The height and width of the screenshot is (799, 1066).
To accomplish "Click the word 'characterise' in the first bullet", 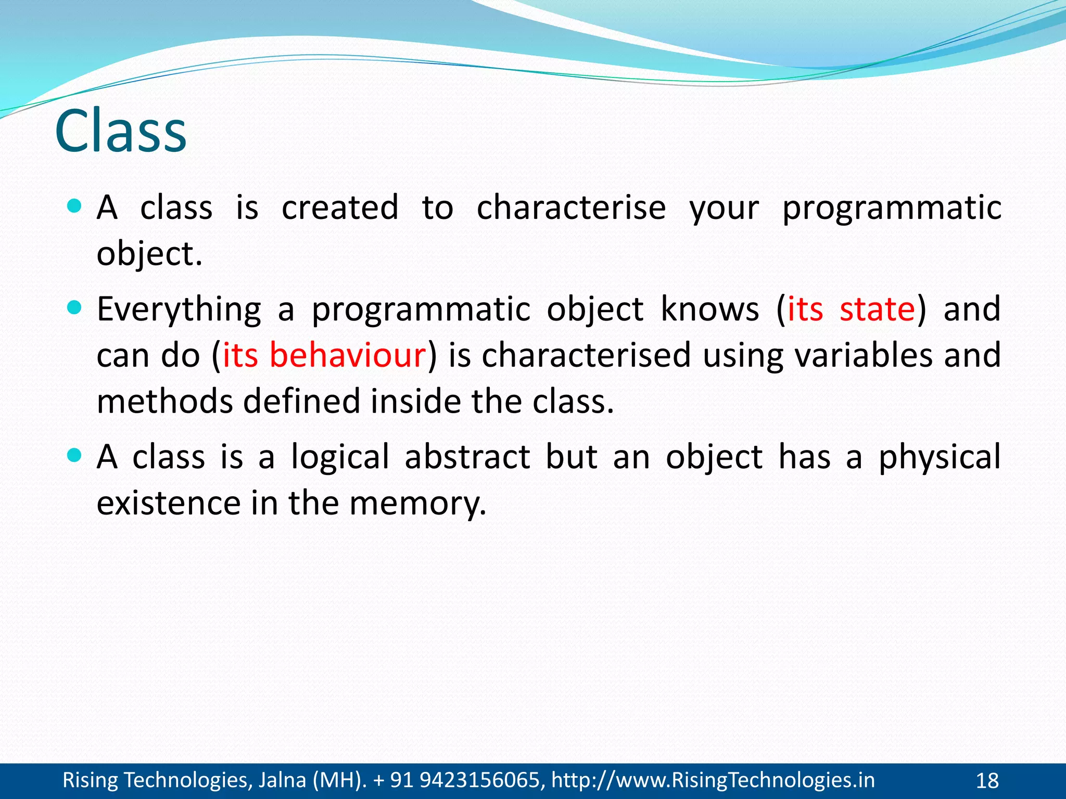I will [x=571, y=208].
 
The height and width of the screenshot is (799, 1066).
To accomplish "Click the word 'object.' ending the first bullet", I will [x=149, y=255].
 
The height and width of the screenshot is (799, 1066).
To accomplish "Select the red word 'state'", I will [x=877, y=309].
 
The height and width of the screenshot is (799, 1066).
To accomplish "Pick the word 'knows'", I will [x=709, y=309].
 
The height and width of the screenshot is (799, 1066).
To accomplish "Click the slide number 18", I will [x=987, y=781].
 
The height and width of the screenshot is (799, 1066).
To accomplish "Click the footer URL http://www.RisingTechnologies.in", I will [x=713, y=780].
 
